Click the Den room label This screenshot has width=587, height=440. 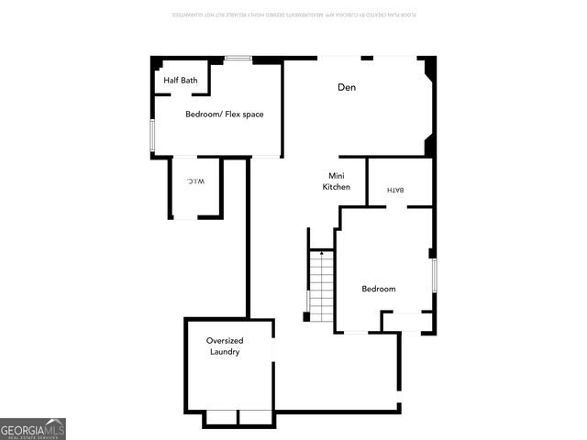346,87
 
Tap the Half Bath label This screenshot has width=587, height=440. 181,81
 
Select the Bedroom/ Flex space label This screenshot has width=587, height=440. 224,115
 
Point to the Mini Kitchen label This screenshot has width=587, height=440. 336,181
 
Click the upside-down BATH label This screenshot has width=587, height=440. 396,190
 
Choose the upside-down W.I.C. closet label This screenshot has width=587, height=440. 194,181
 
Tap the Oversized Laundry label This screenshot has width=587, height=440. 225,346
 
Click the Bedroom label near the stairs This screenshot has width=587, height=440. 378,289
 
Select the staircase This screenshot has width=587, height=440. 320,286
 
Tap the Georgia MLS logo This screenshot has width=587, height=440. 33,429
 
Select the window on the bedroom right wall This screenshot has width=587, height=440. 433,275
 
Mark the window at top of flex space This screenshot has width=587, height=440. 239,60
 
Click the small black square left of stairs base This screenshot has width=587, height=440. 306,317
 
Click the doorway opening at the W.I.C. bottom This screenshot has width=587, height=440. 184,218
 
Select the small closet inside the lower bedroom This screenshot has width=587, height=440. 405,321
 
